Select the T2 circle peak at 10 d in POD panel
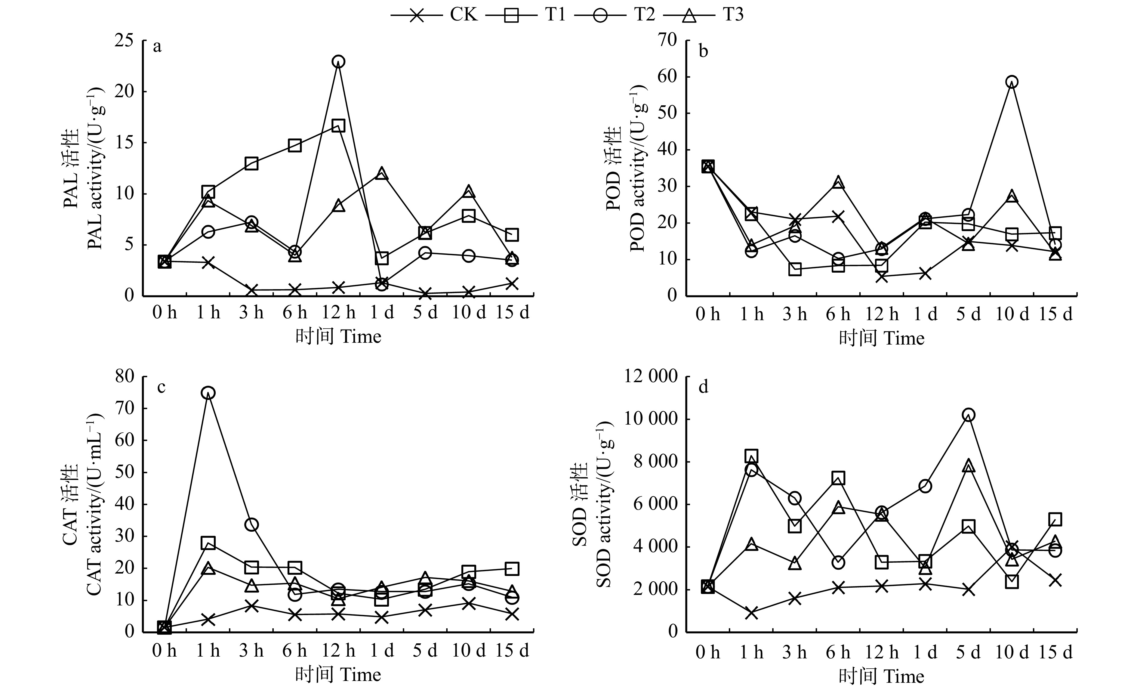1012,82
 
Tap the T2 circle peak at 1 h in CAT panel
208,393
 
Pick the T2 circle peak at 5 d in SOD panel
969,415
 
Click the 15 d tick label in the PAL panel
513,313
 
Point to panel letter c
161,387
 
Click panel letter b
703,51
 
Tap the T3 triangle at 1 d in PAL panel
382,174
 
